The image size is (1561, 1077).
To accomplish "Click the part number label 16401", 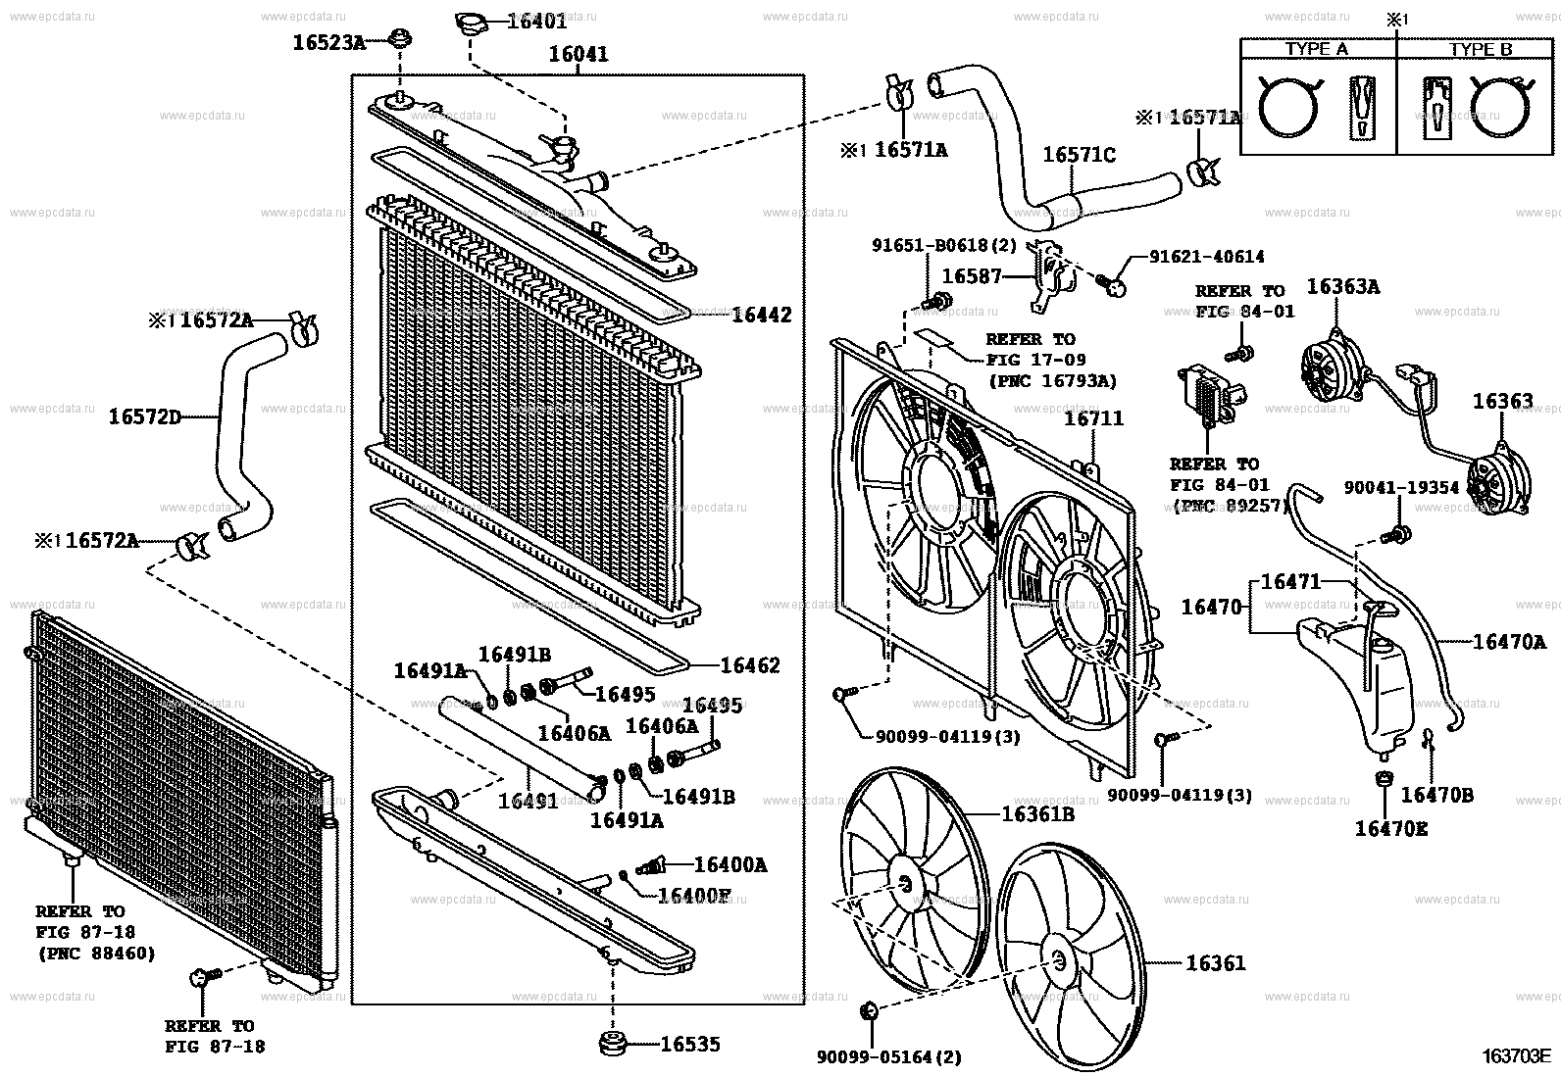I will click(536, 20).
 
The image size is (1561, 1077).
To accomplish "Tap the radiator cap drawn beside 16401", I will click(472, 23).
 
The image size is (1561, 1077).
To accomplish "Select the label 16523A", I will click(328, 42).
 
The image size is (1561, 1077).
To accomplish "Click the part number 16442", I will click(762, 316).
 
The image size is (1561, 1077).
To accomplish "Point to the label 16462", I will click(750, 665).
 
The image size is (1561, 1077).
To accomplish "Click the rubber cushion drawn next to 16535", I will click(615, 1043).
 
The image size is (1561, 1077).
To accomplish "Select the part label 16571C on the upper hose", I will click(1079, 155).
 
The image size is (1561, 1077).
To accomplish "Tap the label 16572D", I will click(145, 416).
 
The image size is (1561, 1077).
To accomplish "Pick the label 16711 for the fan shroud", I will click(1094, 418).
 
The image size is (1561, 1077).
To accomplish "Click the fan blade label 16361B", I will click(1037, 813).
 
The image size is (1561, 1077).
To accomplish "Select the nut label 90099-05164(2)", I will click(888, 1056).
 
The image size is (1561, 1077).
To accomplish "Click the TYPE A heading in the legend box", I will click(1316, 49).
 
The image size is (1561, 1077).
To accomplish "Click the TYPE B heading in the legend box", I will click(1481, 49).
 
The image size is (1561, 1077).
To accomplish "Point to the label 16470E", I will click(1391, 829).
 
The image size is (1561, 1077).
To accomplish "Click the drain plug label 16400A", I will click(730, 864).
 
